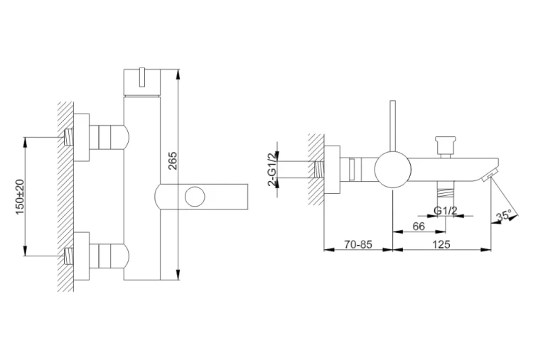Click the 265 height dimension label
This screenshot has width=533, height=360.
(173, 160)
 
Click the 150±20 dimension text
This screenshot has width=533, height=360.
(21, 197)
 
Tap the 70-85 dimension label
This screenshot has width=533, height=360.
(358, 244)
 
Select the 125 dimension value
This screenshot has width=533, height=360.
(441, 244)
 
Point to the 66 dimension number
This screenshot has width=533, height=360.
(419, 227)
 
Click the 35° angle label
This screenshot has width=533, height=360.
(503, 216)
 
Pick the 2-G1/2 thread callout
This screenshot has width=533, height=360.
(271, 169)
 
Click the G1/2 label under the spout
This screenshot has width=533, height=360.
(446, 211)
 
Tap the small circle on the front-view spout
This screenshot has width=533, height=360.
(195, 197)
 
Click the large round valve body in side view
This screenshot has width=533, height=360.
(392, 169)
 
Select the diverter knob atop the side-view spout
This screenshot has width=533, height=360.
(446, 147)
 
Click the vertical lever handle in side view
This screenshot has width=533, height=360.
(392, 126)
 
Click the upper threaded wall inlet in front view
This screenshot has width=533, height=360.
(69, 137)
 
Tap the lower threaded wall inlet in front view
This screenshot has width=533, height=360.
(69, 256)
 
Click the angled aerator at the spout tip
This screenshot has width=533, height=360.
(490, 175)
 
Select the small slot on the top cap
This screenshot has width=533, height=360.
(142, 77)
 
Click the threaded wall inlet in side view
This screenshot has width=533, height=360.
(319, 169)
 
